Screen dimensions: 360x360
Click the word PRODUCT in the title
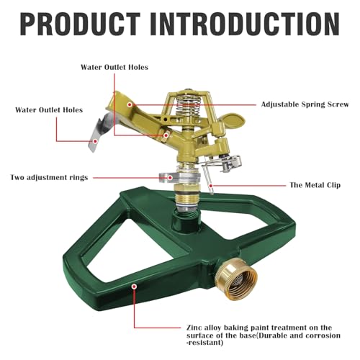tap(81, 24)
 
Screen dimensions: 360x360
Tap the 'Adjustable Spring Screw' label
tap(305, 104)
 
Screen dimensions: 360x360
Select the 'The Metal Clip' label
tap(315, 185)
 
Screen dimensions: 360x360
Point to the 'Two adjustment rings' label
tap(49, 178)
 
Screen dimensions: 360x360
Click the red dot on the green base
tap(135, 287)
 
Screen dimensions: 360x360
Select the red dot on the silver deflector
tap(95, 141)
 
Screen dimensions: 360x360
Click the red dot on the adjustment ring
tap(170, 178)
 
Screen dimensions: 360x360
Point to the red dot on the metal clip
tap(211, 186)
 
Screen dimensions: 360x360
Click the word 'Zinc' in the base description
tap(194, 328)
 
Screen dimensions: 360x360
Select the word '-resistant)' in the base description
tap(205, 343)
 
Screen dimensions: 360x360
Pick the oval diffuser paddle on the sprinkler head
tap(232, 121)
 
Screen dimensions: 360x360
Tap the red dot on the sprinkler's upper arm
tap(130, 104)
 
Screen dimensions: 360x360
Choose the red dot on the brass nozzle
tap(166, 135)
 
